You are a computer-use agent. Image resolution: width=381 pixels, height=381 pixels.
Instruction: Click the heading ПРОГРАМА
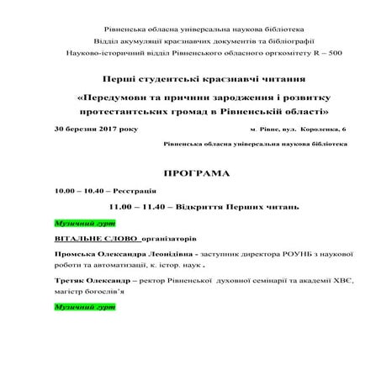(190, 175)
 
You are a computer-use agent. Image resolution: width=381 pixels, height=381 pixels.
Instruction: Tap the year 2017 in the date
(99, 130)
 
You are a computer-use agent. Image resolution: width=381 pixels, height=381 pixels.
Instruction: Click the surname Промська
(77, 252)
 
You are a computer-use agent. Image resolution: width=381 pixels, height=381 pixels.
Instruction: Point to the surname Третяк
(71, 282)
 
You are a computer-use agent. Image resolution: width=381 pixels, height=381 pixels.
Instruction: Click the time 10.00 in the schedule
(63, 191)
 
